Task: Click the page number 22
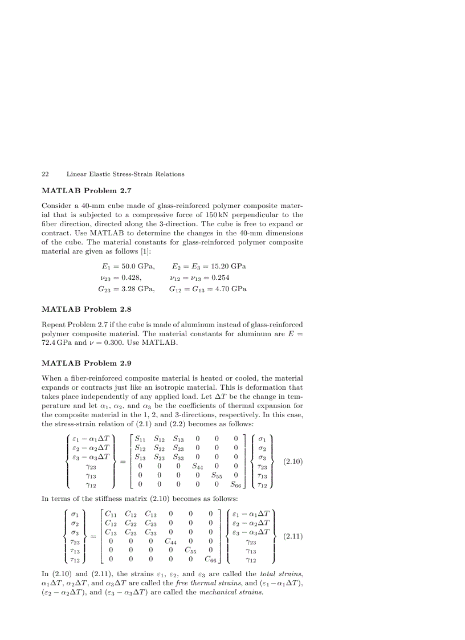[45, 174]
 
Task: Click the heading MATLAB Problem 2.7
[87, 190]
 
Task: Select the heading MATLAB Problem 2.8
[87, 309]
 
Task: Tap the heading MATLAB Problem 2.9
[87, 362]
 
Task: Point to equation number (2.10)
[292, 462]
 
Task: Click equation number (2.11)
[292, 536]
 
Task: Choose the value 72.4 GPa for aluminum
[56, 343]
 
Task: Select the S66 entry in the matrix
[236, 486]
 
